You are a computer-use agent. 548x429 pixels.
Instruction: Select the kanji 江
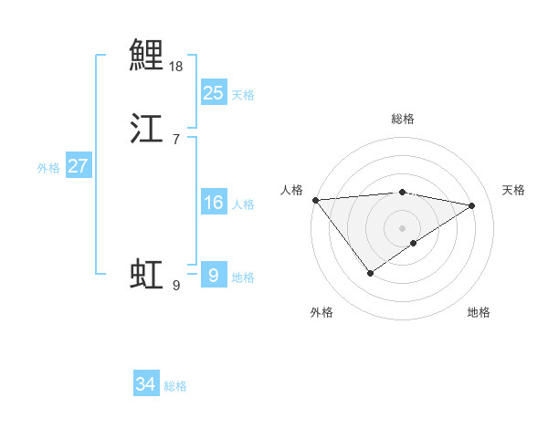point(146,129)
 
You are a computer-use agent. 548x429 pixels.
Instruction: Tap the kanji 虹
point(146,275)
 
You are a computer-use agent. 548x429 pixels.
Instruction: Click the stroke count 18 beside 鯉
point(176,67)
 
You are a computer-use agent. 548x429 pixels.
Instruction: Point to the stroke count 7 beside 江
point(175,139)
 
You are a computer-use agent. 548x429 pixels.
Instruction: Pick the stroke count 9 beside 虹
point(175,286)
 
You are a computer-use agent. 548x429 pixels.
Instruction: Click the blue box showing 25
point(213,92)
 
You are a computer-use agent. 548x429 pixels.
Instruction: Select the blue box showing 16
point(213,203)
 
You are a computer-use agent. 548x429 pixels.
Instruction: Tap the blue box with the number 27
point(79,166)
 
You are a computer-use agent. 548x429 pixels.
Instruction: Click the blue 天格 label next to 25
point(243,94)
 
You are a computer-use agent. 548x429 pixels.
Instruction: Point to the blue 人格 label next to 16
point(243,204)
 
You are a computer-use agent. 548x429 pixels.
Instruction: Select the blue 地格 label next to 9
point(243,277)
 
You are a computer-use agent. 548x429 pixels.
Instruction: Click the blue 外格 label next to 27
point(48,168)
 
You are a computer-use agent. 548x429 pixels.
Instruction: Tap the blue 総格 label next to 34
point(175,387)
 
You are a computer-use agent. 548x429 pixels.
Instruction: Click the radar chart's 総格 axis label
point(403,119)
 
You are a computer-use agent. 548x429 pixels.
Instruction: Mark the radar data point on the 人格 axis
point(315,200)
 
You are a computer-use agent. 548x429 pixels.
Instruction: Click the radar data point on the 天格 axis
point(472,205)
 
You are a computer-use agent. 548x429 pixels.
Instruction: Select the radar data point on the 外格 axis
point(370,273)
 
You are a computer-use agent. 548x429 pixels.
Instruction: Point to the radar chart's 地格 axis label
point(479,313)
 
